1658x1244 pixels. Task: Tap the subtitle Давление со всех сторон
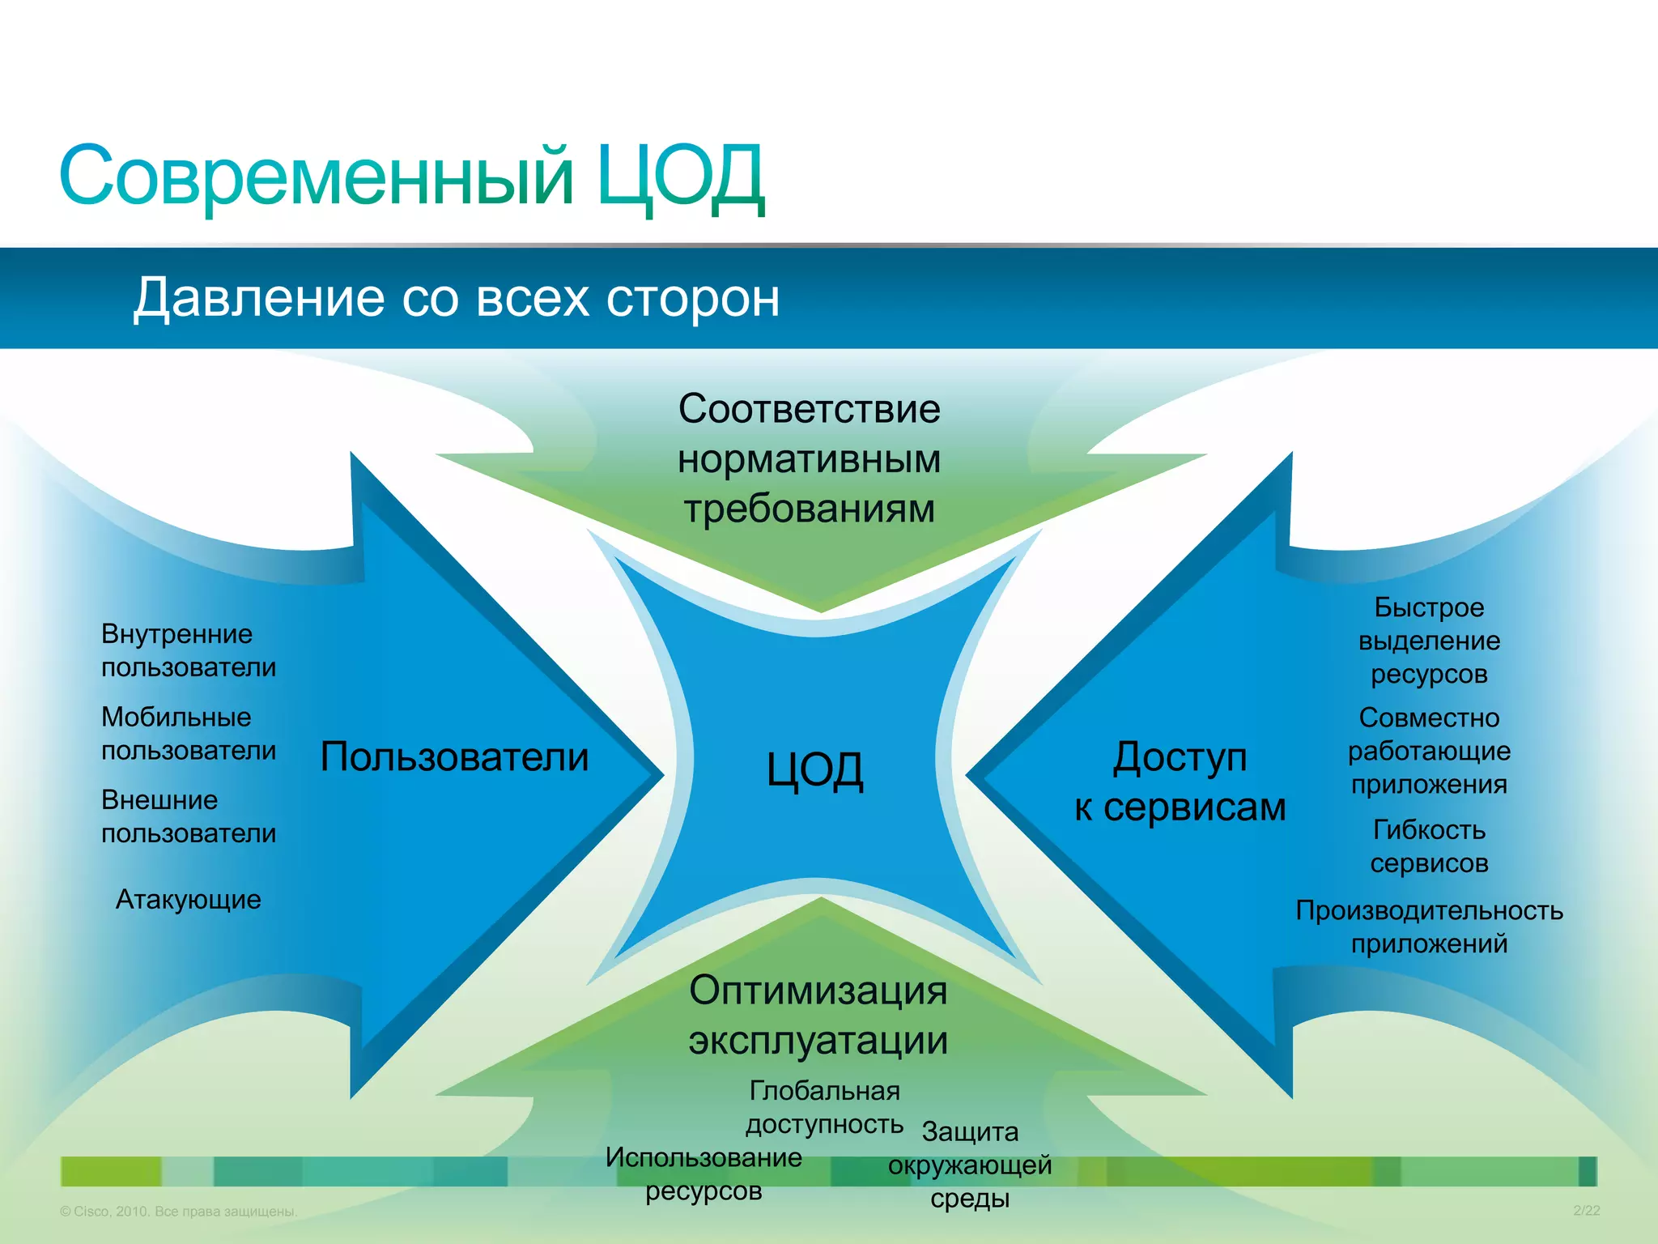456,297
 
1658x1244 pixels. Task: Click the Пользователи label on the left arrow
454,757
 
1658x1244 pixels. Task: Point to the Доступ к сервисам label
1180,782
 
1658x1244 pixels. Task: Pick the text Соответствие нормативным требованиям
809,458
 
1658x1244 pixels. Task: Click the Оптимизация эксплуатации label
818,1015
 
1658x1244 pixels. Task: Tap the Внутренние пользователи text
188,650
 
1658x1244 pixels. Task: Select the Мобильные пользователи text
188,734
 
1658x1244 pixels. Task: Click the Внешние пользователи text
188,816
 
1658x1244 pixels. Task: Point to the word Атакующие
188,900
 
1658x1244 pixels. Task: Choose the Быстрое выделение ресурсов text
1429,641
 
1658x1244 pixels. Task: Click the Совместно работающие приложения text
1429,751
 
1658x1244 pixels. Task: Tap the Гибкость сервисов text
1429,846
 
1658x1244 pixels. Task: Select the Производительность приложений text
1429,927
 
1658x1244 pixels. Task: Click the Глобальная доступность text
824,1107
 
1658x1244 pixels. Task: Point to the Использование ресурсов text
704,1174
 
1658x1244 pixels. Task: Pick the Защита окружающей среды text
970,1165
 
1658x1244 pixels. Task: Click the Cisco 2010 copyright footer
179,1212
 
